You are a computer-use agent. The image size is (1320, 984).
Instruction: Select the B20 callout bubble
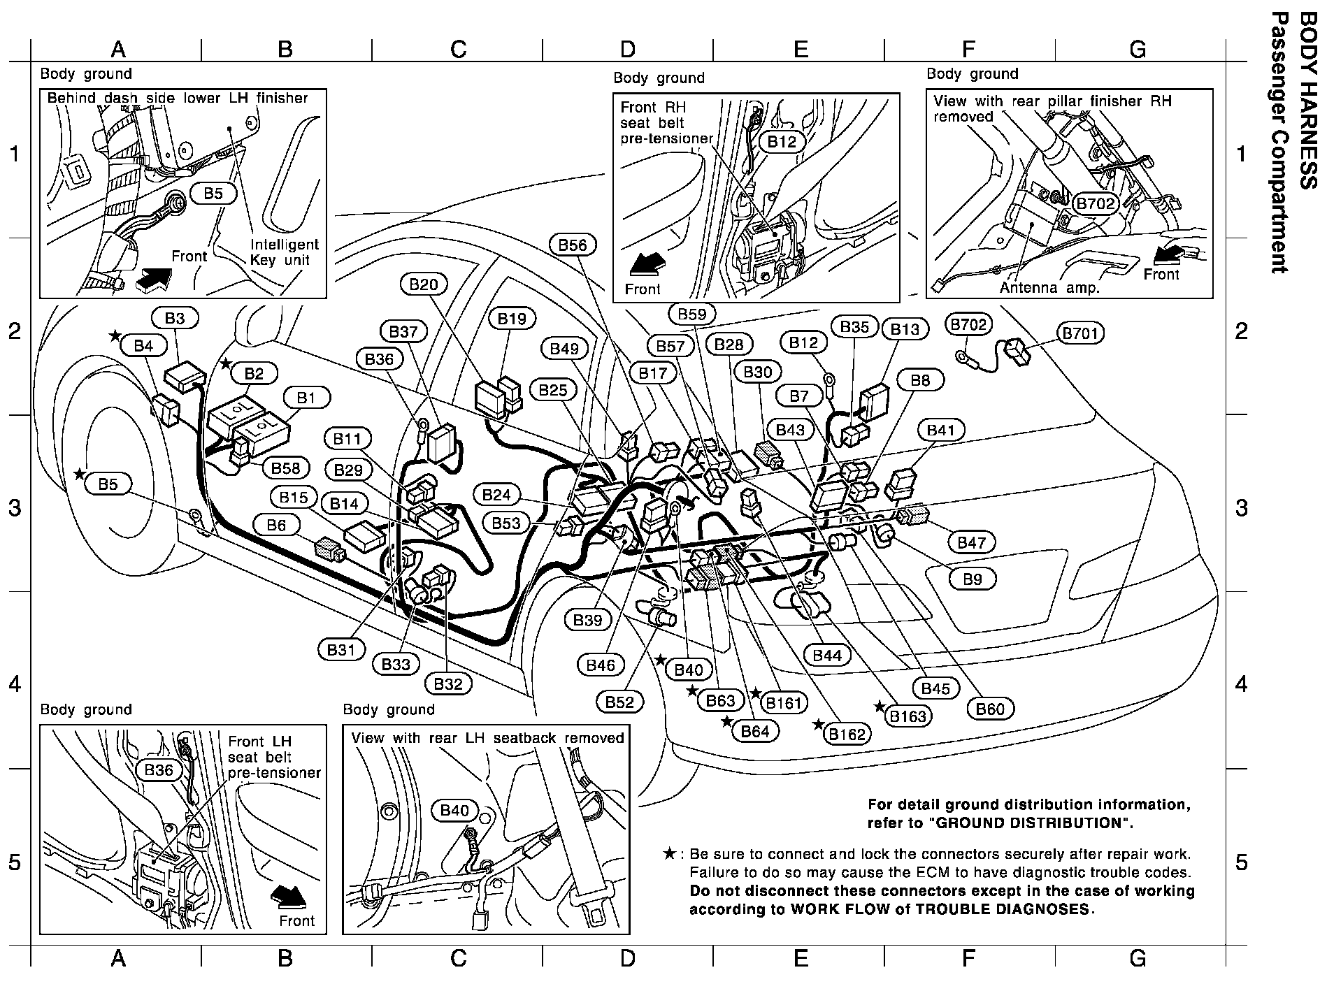coord(424,284)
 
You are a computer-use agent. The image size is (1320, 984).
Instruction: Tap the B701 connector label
coord(1081,333)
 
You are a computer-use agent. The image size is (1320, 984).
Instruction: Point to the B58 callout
coord(285,468)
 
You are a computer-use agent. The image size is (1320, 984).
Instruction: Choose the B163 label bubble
coord(907,716)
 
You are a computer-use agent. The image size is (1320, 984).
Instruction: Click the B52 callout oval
coord(620,701)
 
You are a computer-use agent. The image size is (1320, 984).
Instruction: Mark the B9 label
coord(973,579)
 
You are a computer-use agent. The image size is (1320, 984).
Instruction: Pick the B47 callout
coord(971,542)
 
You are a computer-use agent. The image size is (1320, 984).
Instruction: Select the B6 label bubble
coord(276,525)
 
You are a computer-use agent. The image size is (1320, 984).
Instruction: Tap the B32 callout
coord(448,684)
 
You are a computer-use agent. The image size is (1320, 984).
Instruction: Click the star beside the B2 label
coord(226,364)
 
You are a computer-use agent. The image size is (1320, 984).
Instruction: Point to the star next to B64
coord(727,722)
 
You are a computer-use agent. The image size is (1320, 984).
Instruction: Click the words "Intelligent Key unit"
coord(285,252)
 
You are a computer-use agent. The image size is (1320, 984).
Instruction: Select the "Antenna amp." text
coord(1049,288)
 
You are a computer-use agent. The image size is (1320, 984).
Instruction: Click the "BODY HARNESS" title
coord(1306,101)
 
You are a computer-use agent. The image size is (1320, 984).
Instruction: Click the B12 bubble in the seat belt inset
coord(782,142)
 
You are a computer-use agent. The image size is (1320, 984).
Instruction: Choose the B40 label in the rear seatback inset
coord(454,811)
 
